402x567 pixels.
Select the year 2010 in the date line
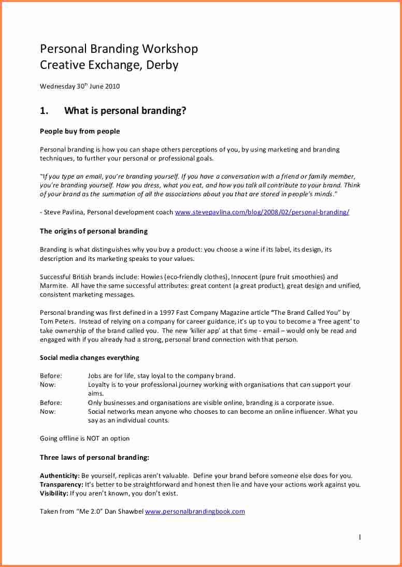click(113, 86)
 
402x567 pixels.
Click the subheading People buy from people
click(80, 131)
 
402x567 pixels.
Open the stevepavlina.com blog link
click(262, 212)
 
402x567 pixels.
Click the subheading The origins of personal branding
click(94, 231)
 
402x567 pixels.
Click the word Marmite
click(52, 286)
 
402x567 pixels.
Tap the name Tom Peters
click(53, 322)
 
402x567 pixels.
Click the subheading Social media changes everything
click(90, 358)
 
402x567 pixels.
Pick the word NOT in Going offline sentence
click(93, 439)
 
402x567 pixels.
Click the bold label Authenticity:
click(60, 475)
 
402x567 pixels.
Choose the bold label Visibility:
click(54, 493)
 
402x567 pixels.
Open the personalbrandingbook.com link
click(195, 512)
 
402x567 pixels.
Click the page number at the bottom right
click(360, 537)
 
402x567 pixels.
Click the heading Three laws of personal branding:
click(95, 457)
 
